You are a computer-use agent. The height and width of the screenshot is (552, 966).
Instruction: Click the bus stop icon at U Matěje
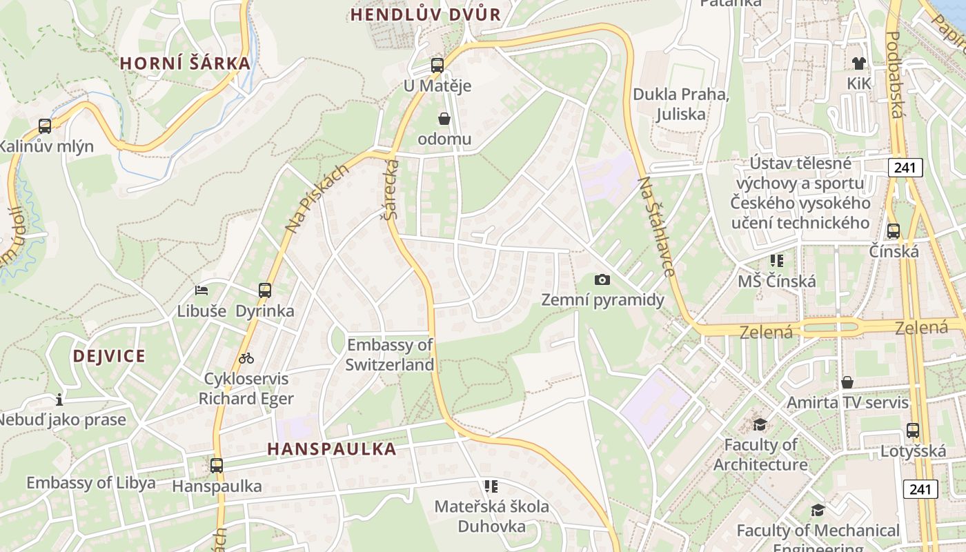click(x=437, y=66)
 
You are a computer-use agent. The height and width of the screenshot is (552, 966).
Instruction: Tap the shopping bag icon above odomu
click(x=444, y=119)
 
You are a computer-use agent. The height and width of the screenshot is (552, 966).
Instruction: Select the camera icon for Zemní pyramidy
click(x=602, y=279)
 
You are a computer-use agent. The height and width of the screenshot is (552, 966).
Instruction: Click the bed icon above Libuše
click(x=201, y=290)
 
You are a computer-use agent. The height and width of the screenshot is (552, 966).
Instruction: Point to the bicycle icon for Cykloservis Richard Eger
click(x=246, y=358)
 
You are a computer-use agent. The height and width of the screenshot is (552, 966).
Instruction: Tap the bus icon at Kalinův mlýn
click(x=45, y=126)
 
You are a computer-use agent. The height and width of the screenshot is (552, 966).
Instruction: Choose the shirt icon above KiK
click(x=858, y=63)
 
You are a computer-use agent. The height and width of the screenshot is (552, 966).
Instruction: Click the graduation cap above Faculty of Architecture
click(x=760, y=424)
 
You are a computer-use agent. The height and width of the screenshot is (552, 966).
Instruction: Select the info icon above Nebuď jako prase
click(x=59, y=400)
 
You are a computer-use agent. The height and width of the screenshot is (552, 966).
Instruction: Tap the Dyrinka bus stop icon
click(x=265, y=290)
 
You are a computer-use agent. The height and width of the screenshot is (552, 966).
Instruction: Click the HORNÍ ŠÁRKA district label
click(x=185, y=63)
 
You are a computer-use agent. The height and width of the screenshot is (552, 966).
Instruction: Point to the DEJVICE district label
click(x=109, y=356)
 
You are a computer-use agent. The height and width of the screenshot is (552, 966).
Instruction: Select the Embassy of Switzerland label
click(x=390, y=355)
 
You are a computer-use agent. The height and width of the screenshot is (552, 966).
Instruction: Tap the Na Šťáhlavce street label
click(x=656, y=226)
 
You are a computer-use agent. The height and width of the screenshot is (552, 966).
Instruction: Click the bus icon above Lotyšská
click(x=913, y=431)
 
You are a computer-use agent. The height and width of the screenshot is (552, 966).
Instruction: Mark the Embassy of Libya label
click(x=91, y=483)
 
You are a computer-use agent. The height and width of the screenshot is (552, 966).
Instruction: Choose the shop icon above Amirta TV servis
click(x=847, y=382)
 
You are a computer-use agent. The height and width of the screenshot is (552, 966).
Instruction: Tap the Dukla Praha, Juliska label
click(x=680, y=103)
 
